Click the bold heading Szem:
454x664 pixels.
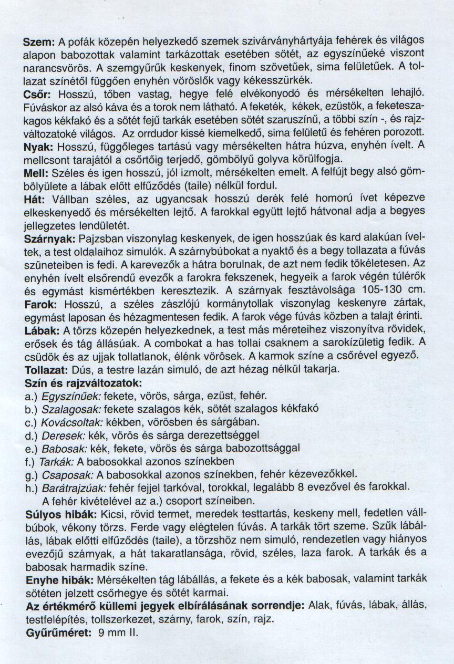(39, 42)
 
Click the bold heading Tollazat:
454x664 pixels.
(48, 370)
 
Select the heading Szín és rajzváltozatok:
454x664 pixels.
(84, 383)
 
